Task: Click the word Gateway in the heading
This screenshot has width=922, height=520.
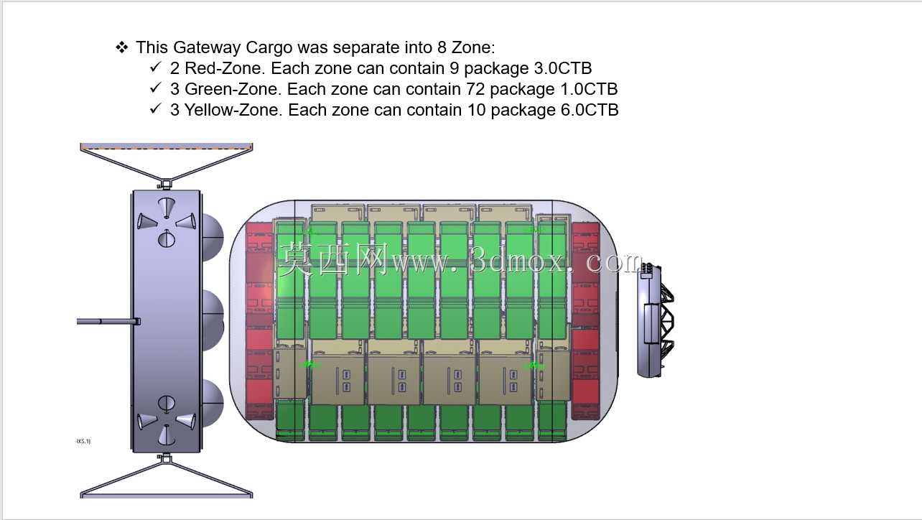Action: tap(207, 47)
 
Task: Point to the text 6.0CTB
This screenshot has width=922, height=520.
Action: tap(590, 110)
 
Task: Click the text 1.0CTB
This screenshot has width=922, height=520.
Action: tap(589, 89)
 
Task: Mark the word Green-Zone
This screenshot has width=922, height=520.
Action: tap(233, 89)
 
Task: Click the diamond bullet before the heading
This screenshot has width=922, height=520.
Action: tap(122, 47)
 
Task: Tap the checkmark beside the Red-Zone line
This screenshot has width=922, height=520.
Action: tap(155, 67)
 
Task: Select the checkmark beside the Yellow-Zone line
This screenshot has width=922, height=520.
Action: tap(155, 108)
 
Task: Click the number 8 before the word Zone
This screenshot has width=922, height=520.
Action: tap(442, 47)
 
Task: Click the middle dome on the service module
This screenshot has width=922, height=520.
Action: tap(213, 320)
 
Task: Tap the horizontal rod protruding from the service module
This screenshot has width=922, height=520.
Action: tap(108, 322)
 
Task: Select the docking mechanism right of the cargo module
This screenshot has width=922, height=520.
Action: tap(656, 320)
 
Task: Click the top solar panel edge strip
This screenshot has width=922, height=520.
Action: tap(167, 146)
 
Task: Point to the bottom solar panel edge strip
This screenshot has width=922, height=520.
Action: tap(167, 496)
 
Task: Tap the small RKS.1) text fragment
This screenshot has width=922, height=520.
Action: tap(83, 442)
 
